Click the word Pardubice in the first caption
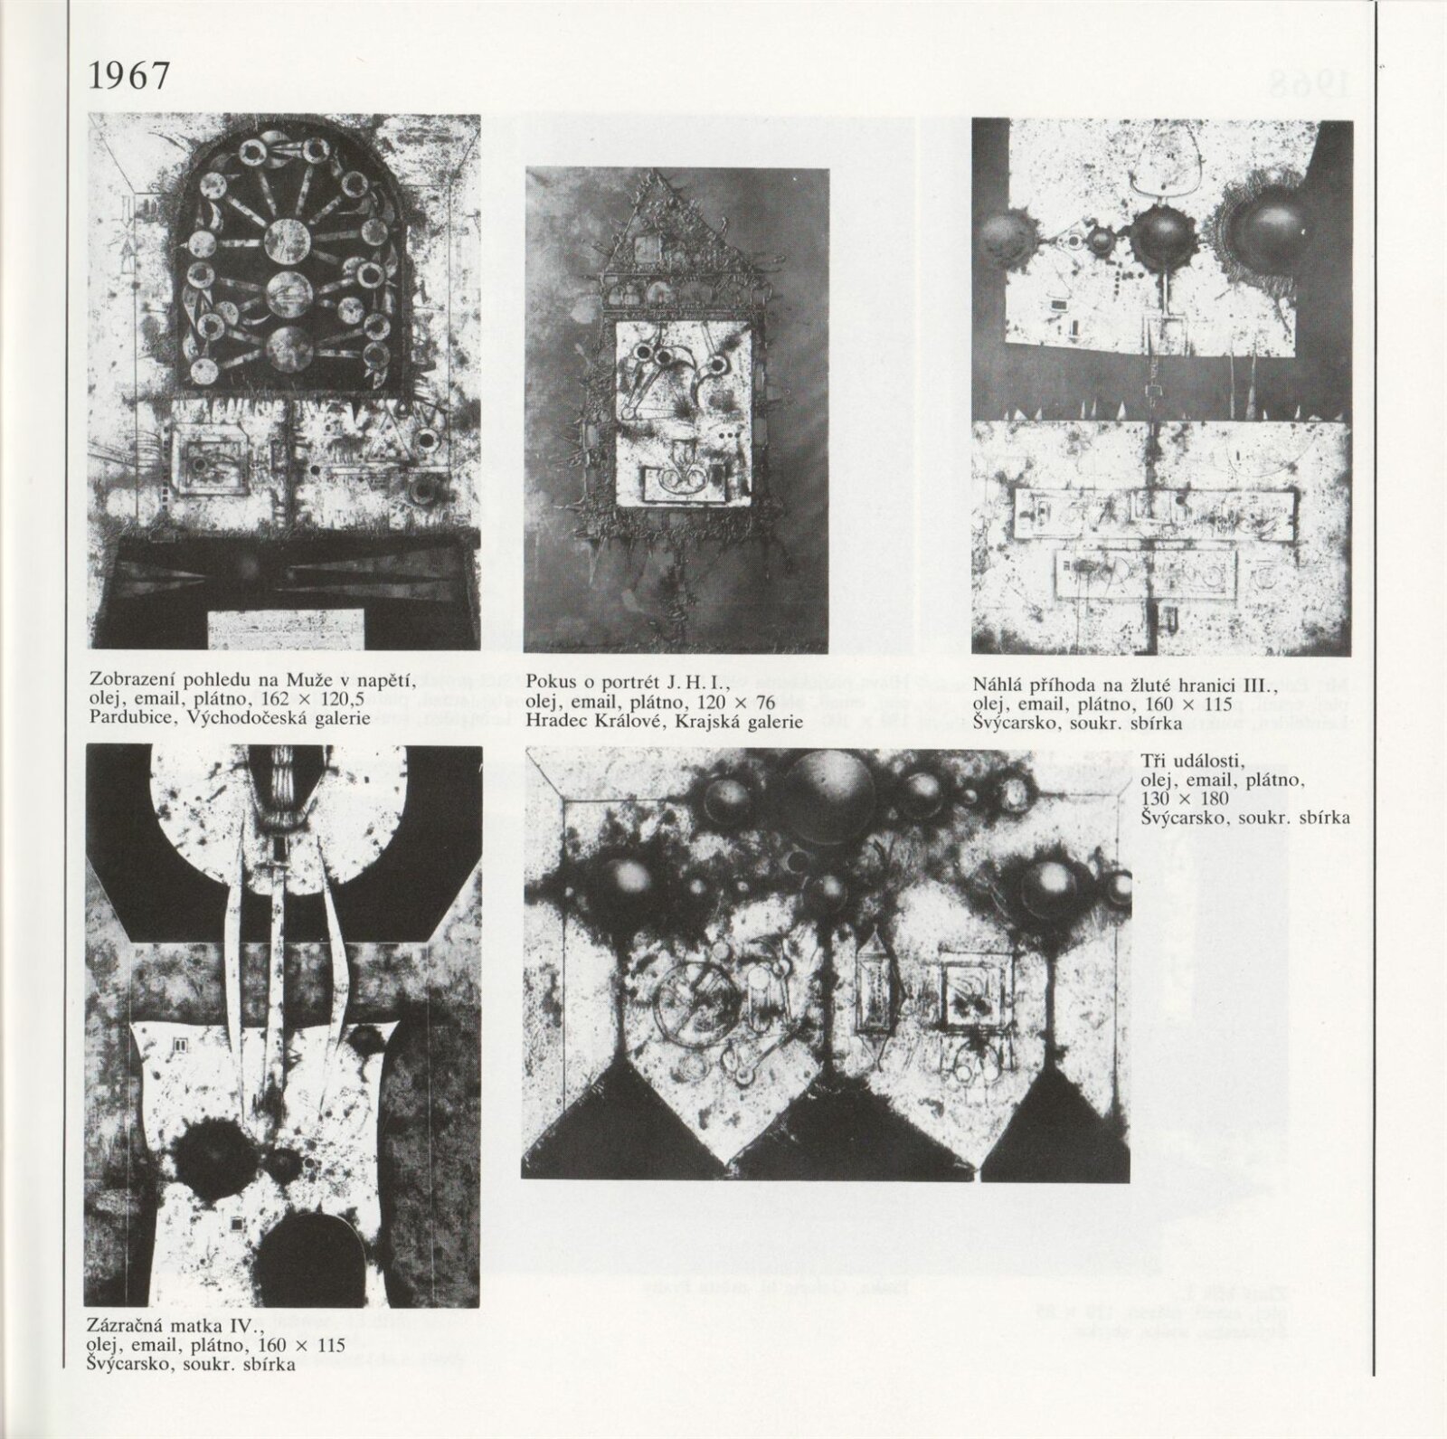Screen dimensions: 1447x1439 (127, 718)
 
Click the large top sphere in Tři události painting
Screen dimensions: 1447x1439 (823, 784)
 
